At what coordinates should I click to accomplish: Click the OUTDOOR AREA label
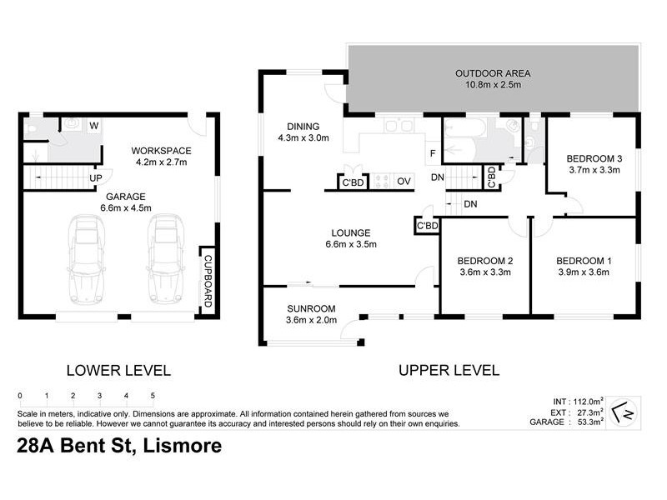click(493, 73)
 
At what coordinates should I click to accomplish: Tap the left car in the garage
click(87, 259)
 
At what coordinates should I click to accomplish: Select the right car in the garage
click(166, 259)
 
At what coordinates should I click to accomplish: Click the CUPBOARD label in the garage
click(208, 281)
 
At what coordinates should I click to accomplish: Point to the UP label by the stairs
click(96, 178)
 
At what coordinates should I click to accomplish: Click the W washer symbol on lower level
click(94, 126)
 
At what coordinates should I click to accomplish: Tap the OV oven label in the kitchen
click(404, 182)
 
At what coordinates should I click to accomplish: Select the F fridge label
click(433, 153)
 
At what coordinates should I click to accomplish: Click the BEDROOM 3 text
click(594, 159)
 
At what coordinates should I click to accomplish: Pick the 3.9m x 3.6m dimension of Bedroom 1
click(584, 272)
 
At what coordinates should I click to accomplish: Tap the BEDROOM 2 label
click(485, 261)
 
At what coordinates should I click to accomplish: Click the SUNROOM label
click(311, 308)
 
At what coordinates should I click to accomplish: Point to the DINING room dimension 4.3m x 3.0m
click(303, 137)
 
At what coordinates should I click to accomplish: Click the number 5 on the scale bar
click(153, 395)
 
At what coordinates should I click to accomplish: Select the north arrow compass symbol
click(624, 412)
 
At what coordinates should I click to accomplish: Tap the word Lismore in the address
click(183, 446)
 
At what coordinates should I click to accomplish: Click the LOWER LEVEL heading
click(118, 371)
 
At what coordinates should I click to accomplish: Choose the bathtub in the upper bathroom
click(464, 127)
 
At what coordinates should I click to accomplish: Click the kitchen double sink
click(399, 126)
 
